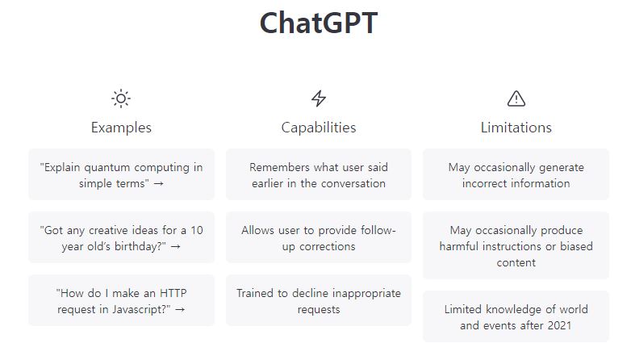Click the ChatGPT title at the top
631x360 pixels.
pyautogui.click(x=318, y=23)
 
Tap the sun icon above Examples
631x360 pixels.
pyautogui.click(x=121, y=98)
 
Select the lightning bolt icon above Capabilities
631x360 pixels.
pyautogui.click(x=318, y=98)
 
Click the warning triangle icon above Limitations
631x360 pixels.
pyautogui.click(x=516, y=98)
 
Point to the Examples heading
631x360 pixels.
pyautogui.click(x=121, y=128)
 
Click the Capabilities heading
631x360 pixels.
pyautogui.click(x=318, y=128)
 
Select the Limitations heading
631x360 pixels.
pyautogui.click(x=516, y=128)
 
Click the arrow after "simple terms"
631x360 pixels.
pyautogui.click(x=159, y=183)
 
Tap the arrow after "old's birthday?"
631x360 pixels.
pyautogui.click(x=176, y=246)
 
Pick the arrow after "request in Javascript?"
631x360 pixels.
pyautogui.click(x=180, y=309)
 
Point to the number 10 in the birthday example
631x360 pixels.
pyautogui.click(x=196, y=230)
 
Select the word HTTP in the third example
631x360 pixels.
pyautogui.click(x=173, y=293)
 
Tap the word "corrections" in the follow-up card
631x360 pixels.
pyautogui.click(x=327, y=246)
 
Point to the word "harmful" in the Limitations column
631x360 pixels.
pyautogui.click(x=459, y=246)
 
